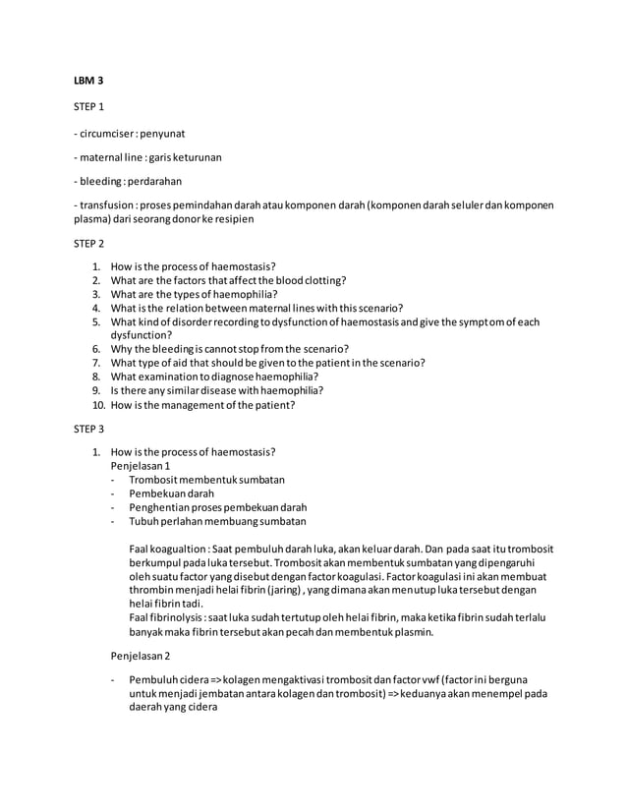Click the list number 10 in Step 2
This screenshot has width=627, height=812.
(x=98, y=404)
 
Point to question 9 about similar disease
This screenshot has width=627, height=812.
(x=216, y=389)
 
